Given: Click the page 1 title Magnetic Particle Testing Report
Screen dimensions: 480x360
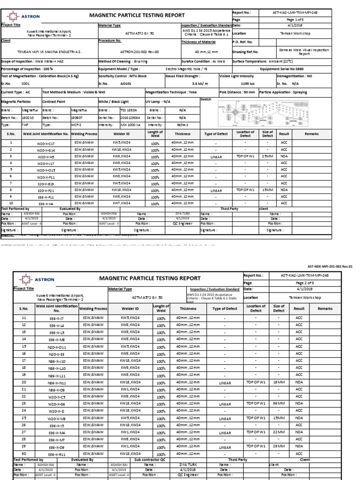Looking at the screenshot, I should (137, 15).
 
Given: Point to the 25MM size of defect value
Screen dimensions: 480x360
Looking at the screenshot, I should (268, 156).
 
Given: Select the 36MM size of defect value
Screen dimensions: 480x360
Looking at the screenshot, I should (278, 403).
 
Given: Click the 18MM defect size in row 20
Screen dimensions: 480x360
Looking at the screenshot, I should (278, 382).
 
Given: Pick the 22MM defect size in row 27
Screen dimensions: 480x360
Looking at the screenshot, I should (278, 433).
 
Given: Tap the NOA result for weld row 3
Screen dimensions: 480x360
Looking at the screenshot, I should (284, 156).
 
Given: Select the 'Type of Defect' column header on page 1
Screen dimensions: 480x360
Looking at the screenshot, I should (216, 134).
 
